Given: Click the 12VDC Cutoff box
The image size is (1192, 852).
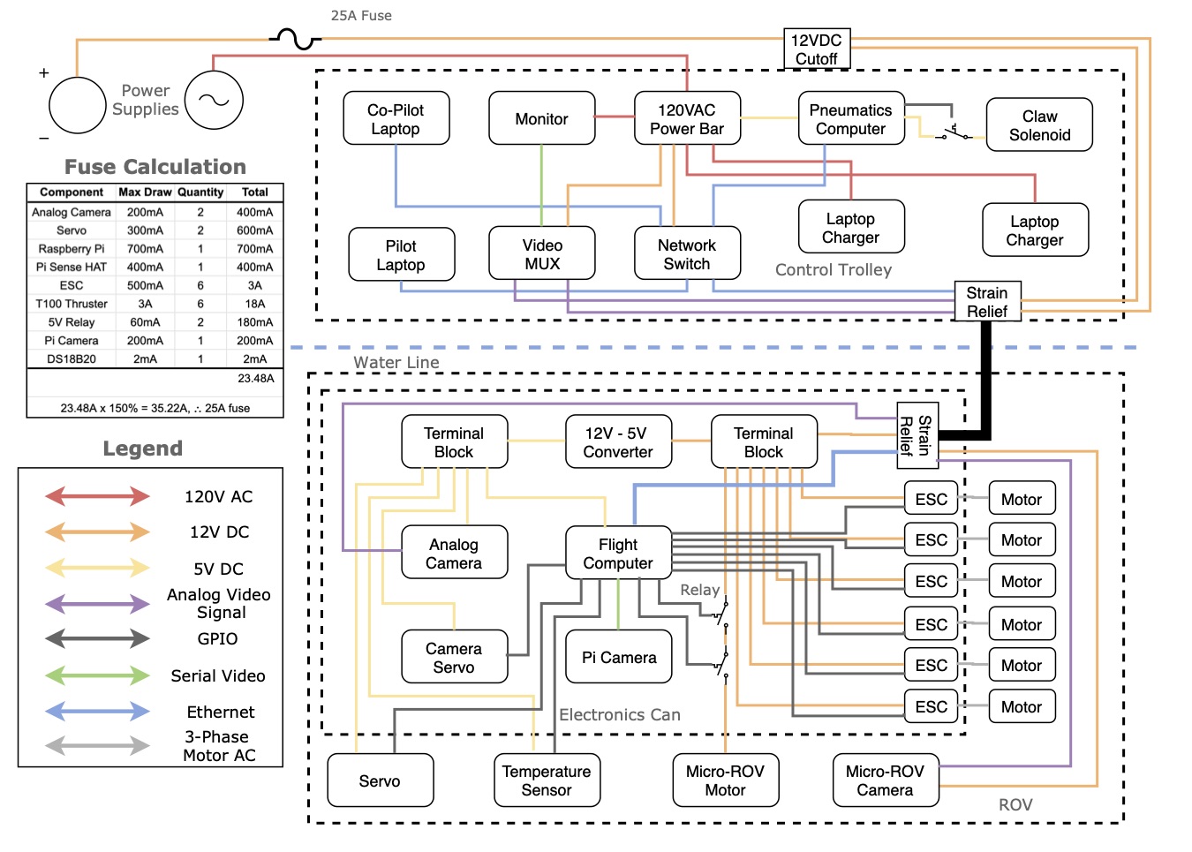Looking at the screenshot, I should (x=817, y=49).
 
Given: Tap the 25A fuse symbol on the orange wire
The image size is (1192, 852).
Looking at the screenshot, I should (x=295, y=39).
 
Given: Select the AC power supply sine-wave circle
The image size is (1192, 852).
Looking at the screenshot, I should (x=214, y=100).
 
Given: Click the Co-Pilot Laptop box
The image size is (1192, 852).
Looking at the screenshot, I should (x=396, y=119).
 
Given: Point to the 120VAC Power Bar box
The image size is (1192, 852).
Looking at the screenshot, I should (x=687, y=119).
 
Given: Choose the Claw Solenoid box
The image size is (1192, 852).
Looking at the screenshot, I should (x=1039, y=125).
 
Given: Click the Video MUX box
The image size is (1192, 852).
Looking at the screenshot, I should (x=541, y=254).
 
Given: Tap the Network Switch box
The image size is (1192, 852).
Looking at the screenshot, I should (x=687, y=254).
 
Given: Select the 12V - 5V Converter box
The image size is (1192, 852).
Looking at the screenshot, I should (x=618, y=442).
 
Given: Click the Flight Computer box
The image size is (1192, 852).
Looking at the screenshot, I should (x=618, y=554).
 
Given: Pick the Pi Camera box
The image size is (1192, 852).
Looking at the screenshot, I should (x=618, y=658).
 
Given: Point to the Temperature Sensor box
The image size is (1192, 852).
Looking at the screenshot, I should (x=547, y=780).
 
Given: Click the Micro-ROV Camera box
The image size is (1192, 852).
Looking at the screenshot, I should (x=885, y=780).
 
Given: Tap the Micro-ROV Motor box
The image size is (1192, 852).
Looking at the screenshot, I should (x=725, y=780).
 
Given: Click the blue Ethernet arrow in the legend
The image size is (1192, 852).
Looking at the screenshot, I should (x=98, y=712).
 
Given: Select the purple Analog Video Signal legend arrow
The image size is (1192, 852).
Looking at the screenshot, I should (x=98, y=604).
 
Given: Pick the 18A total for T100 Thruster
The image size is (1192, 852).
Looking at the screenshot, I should (x=255, y=304).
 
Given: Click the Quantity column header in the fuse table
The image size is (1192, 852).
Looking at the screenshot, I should (x=200, y=192).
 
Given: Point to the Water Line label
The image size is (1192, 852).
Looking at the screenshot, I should (x=396, y=363).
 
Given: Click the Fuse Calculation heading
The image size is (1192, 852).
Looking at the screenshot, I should (x=155, y=167).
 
